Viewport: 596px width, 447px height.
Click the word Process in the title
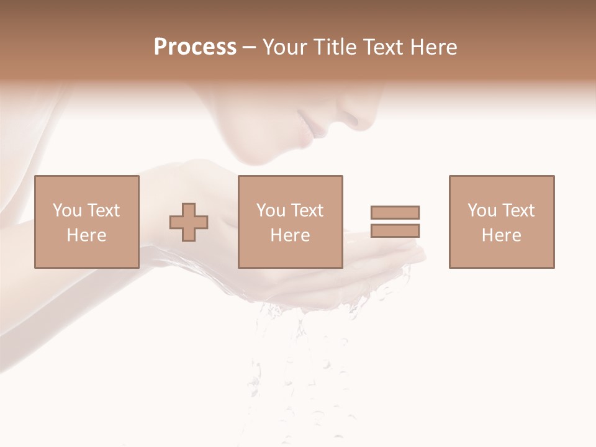pyautogui.click(x=195, y=47)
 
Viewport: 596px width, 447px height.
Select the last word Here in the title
pyautogui.click(x=434, y=47)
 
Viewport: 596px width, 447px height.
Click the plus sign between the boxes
pyautogui.click(x=189, y=222)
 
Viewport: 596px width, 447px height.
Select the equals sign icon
pyautogui.click(x=395, y=222)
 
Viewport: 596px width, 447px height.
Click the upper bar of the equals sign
pyautogui.click(x=395, y=212)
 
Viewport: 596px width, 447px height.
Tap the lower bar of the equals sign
pyautogui.click(x=395, y=231)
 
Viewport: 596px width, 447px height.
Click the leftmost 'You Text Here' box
pyautogui.click(x=86, y=222)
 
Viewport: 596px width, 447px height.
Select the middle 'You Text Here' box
pyautogui.click(x=290, y=222)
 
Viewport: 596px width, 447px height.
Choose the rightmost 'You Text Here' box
pyautogui.click(x=501, y=222)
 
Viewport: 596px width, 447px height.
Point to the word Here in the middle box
pyautogui.click(x=290, y=235)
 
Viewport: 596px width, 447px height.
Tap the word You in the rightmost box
pyautogui.click(x=482, y=210)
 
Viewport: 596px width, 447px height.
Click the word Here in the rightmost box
pyautogui.click(x=501, y=235)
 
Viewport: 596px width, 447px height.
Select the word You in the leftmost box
pyautogui.click(x=67, y=210)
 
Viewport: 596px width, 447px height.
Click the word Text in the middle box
pyautogui.click(x=307, y=210)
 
